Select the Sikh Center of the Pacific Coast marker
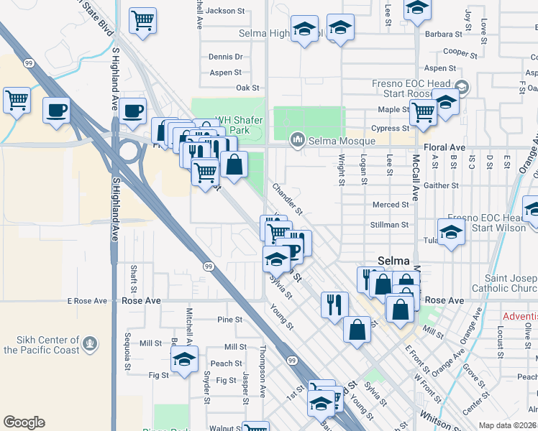click(89, 345)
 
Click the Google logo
click(24, 422)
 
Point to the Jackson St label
click(225, 11)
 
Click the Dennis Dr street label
click(226, 57)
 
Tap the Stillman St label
click(391, 225)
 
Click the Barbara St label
click(443, 34)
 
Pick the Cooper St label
click(461, 52)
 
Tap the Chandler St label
click(288, 198)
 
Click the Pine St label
click(229, 319)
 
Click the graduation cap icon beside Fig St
click(186, 361)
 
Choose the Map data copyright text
click(508, 425)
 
